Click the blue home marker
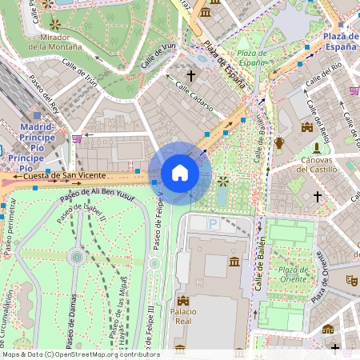click(x=180, y=173)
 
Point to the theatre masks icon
click(x=350, y=280)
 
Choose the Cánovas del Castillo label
click(x=318, y=165)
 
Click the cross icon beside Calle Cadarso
click(x=190, y=75)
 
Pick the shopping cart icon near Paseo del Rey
click(x=77, y=138)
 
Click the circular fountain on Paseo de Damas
click(x=77, y=257)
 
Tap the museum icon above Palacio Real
click(x=234, y=262)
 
